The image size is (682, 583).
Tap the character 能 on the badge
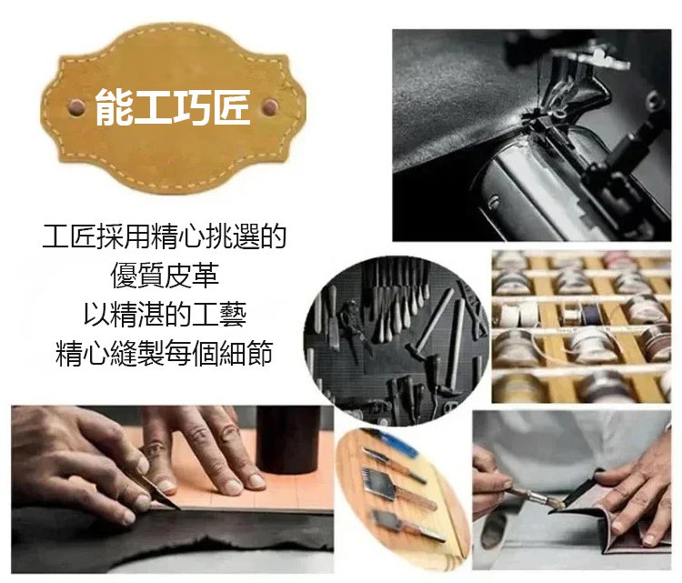click(113, 107)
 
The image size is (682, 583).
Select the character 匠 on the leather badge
click(232, 107)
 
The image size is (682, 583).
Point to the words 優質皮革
click(165, 275)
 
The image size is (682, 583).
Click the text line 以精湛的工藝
click(165, 314)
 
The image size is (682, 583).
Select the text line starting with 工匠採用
click(165, 236)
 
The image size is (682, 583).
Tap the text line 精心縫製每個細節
click(165, 353)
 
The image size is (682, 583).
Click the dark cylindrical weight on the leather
click(287, 439)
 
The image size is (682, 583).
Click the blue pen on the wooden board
click(396, 442)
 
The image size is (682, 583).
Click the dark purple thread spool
click(590, 313)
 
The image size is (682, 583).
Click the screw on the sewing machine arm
click(494, 201)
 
